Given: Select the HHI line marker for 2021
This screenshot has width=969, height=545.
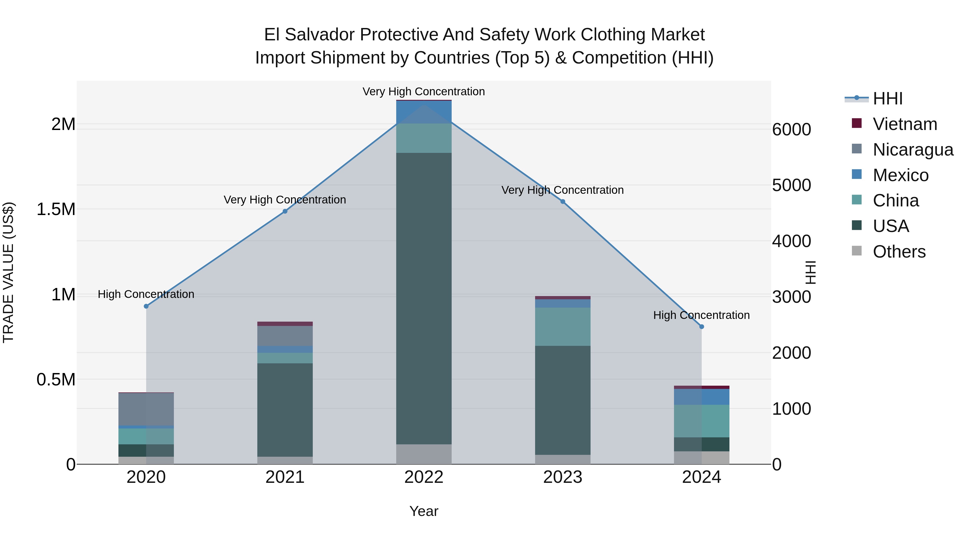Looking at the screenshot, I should pyautogui.click(x=285, y=211).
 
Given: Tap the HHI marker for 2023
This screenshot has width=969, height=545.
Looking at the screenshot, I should pyautogui.click(x=563, y=202).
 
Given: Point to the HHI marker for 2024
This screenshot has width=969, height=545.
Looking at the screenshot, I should pyautogui.click(x=701, y=327).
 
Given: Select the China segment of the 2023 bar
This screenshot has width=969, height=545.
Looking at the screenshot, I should pyautogui.click(x=563, y=326).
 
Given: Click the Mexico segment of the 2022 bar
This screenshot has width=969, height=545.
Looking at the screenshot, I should pyautogui.click(x=424, y=112).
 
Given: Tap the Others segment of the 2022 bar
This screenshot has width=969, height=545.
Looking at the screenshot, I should pyautogui.click(x=424, y=454).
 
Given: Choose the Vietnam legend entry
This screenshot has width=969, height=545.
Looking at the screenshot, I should pyautogui.click(x=905, y=124).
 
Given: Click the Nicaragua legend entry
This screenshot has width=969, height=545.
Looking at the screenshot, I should pyautogui.click(x=913, y=150).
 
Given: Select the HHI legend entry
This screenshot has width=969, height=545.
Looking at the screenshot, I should pyautogui.click(x=887, y=99).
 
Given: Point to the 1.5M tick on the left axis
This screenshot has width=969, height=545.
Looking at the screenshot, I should pyautogui.click(x=56, y=209).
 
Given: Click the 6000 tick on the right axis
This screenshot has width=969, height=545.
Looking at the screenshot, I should pyautogui.click(x=791, y=129).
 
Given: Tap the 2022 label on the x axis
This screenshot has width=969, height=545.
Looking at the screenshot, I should pyautogui.click(x=424, y=477).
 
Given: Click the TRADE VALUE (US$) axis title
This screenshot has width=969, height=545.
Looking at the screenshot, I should pyautogui.click(x=8, y=272).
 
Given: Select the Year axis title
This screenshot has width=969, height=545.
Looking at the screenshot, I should pyautogui.click(x=424, y=511).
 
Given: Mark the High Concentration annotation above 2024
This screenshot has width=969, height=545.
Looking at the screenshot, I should pyautogui.click(x=701, y=315).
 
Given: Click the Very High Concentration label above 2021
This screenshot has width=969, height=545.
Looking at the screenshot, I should pyautogui.click(x=285, y=200).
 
